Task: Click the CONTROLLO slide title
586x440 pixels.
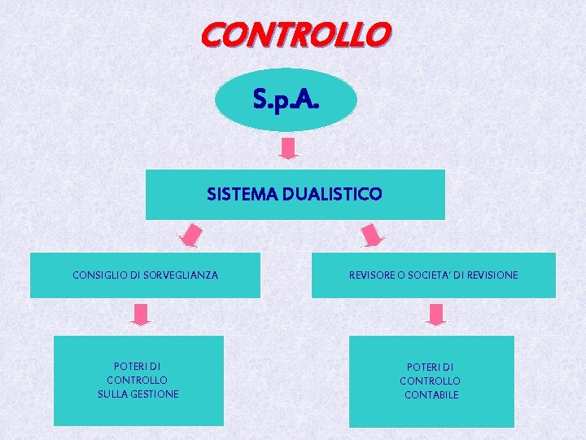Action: [x=295, y=35]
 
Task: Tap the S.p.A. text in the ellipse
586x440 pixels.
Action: [x=286, y=100]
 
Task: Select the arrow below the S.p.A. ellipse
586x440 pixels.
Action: [x=289, y=148]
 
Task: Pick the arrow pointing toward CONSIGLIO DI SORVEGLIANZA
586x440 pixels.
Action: [x=191, y=235]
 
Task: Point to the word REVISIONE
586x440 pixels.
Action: [x=491, y=275]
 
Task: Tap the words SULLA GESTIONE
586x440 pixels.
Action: [x=138, y=394]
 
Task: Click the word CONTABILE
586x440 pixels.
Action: [x=431, y=395]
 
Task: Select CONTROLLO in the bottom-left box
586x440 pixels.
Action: [x=138, y=381]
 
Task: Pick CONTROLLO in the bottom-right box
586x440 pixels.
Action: [x=430, y=381]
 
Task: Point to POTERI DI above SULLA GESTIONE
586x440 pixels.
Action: [x=137, y=366]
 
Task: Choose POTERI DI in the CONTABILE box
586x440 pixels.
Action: [x=431, y=367]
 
